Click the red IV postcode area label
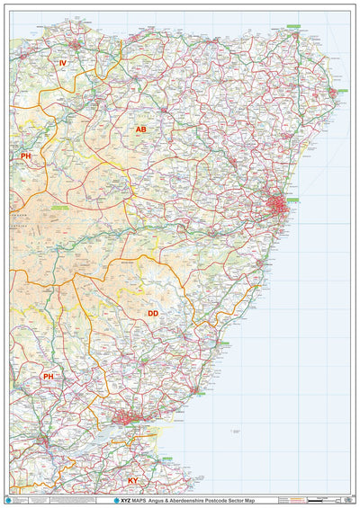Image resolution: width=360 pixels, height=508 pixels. [x=63, y=64]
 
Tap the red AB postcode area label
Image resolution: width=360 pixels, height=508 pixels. [x=140, y=130]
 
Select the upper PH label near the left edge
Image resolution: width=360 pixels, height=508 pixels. [x=26, y=156]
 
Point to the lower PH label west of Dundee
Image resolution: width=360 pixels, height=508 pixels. [x=48, y=377]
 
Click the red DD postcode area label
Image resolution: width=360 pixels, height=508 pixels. [x=153, y=314]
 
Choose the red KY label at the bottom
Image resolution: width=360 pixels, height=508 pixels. [x=133, y=481]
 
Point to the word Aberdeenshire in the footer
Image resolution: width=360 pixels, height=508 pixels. [x=192, y=499]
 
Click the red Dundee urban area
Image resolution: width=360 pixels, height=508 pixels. [x=128, y=416]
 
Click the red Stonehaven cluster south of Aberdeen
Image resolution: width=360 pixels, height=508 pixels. [x=259, y=263]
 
